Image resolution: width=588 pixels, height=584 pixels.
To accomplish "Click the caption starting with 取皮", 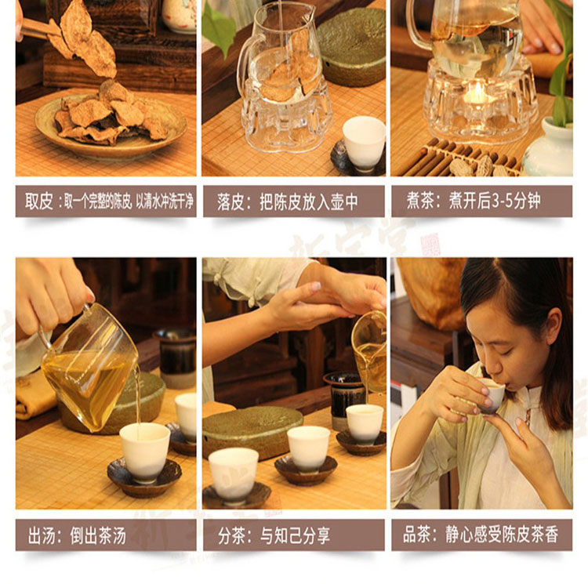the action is [x=109, y=201].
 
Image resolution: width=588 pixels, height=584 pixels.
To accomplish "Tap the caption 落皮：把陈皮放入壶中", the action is [x=287, y=202].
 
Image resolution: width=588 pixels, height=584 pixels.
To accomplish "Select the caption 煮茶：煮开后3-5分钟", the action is [x=474, y=201].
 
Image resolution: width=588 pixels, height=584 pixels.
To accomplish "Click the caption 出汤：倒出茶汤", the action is [x=78, y=535].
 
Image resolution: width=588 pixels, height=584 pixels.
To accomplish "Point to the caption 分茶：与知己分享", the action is [x=274, y=535].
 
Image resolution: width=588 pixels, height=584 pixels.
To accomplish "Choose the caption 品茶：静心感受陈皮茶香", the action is [x=481, y=534].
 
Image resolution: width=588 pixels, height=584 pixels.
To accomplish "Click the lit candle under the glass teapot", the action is [x=475, y=94].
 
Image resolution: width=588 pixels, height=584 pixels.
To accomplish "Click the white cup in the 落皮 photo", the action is [x=363, y=143].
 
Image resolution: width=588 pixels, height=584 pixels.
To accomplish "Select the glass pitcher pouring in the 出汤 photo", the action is [x=88, y=368].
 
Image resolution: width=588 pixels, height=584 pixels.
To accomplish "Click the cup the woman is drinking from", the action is [x=491, y=395].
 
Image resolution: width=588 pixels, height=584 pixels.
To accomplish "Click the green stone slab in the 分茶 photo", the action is [x=252, y=431].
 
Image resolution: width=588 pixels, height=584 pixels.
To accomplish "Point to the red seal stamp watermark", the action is [x=430, y=245].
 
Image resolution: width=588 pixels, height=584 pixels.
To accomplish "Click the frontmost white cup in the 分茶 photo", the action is [x=234, y=475].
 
